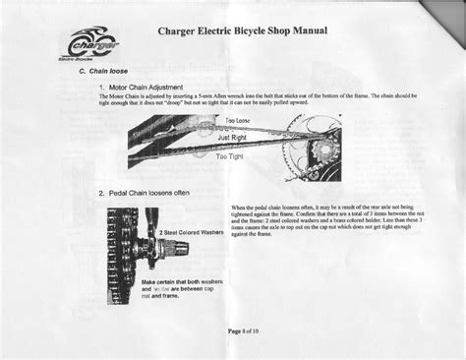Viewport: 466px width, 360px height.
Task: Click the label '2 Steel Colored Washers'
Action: [x=190, y=234]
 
